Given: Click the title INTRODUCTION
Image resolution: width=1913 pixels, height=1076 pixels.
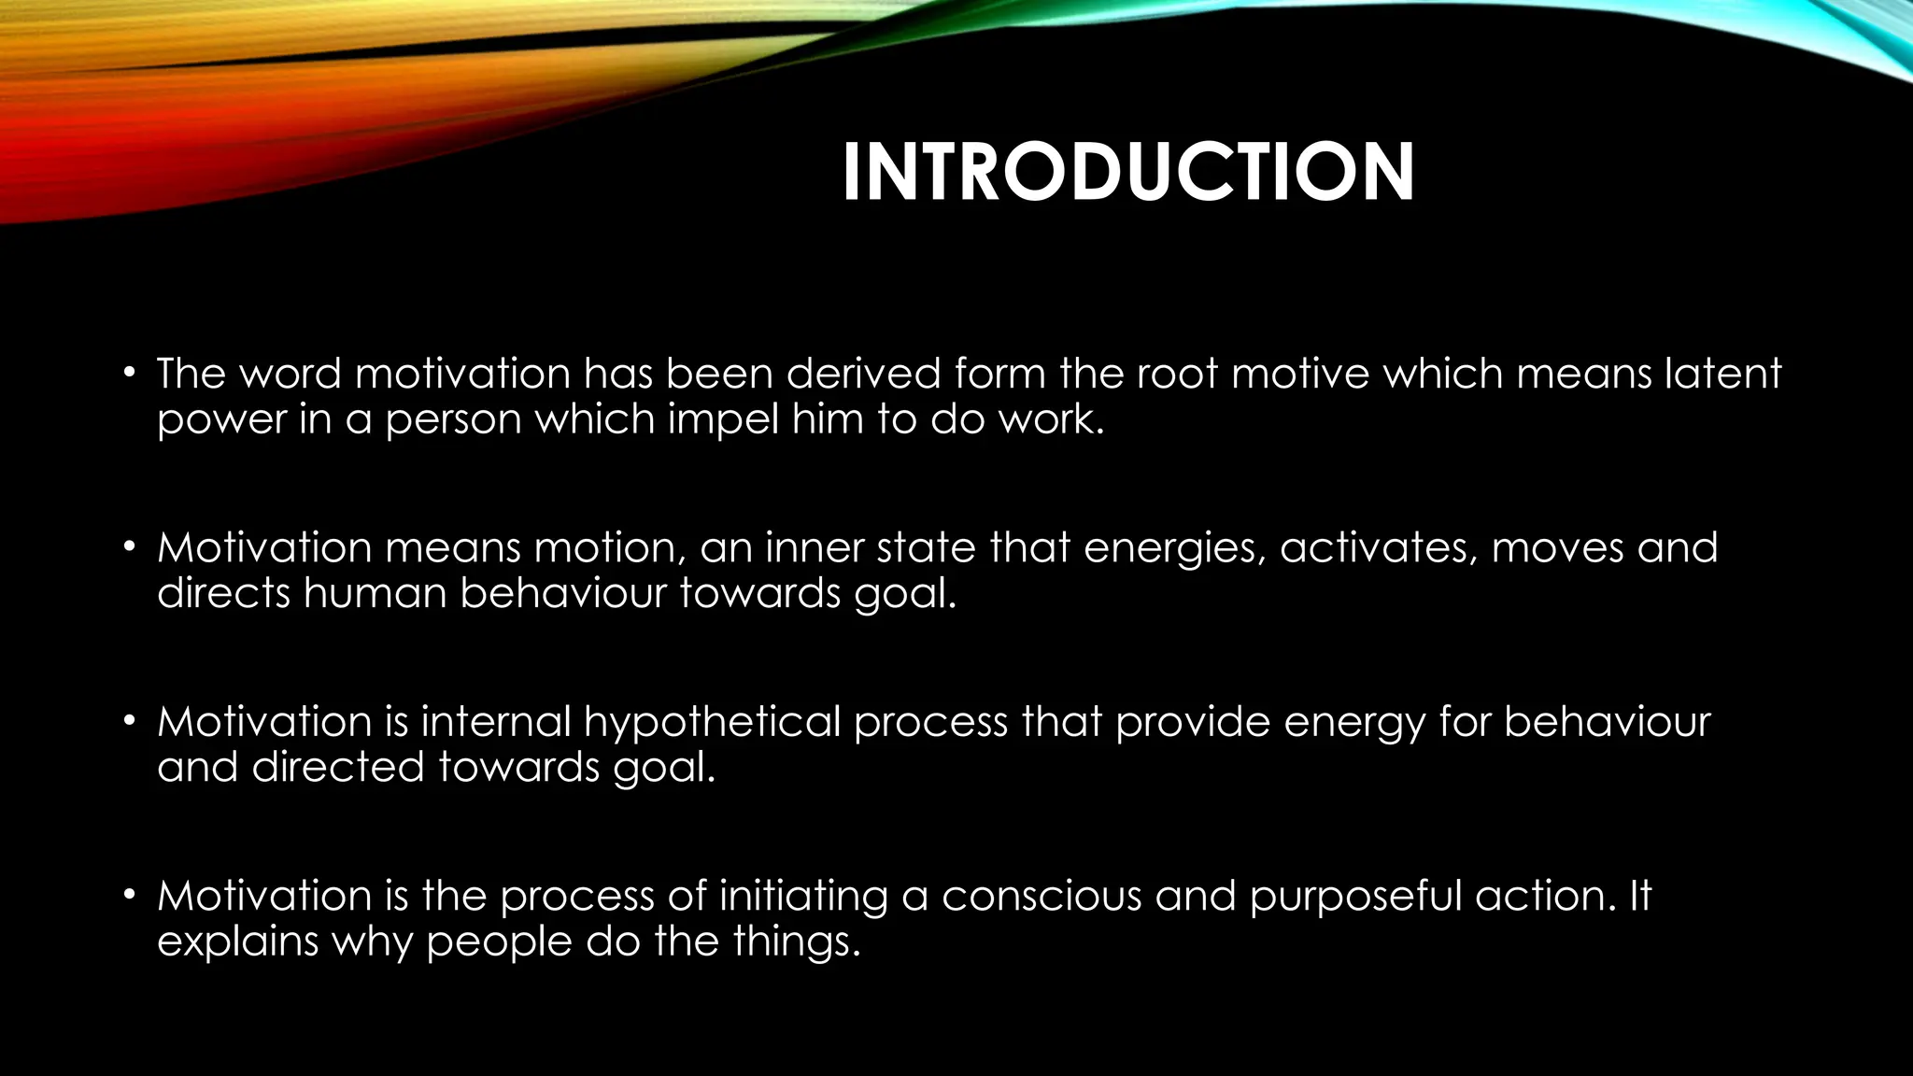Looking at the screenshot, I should pos(1128,173).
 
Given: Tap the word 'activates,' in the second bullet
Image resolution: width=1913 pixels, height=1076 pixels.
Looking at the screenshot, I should pos(1379,548).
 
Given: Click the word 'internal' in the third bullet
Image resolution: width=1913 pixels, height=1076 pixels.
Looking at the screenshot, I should pos(496,722).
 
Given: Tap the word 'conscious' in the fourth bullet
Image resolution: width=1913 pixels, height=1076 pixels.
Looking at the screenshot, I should pos(1042,897).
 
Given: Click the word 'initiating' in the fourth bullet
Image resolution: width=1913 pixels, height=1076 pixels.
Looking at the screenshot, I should pos(803,897).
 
